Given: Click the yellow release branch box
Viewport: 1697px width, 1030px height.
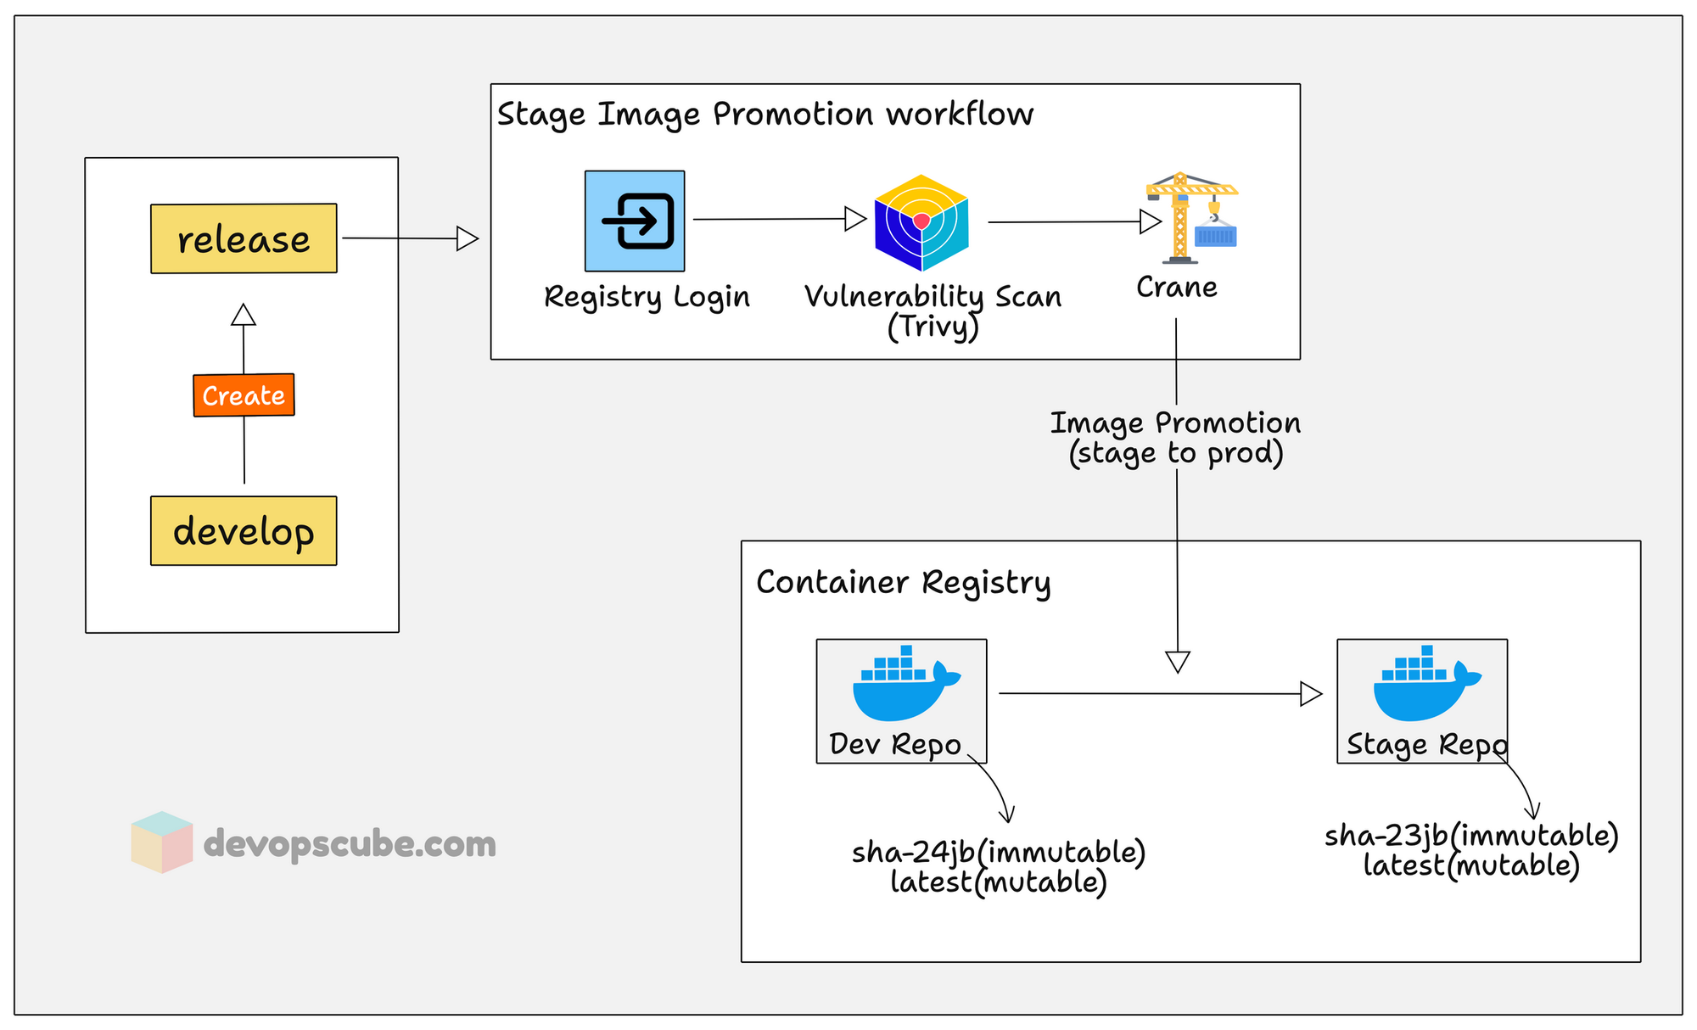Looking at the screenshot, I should click(x=244, y=238).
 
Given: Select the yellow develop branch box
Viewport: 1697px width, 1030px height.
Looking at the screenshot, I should click(x=244, y=531).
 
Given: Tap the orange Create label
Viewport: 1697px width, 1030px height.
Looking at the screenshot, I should click(x=244, y=395).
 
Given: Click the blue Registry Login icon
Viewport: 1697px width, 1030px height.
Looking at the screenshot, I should click(x=635, y=221).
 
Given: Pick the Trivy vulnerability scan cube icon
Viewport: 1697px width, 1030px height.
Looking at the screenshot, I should click(x=921, y=222).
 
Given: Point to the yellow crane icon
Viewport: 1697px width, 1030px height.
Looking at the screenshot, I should click(x=1190, y=218).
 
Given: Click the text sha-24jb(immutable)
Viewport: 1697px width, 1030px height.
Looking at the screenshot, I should click(x=999, y=851).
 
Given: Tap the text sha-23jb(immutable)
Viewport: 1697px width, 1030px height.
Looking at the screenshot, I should click(x=1471, y=835).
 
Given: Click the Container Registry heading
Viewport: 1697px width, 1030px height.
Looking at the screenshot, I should click(x=903, y=583).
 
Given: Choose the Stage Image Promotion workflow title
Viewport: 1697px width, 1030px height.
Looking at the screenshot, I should click(x=764, y=115).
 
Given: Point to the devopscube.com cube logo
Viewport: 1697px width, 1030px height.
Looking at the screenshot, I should click(x=161, y=842).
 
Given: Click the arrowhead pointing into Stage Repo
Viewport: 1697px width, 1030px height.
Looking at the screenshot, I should click(x=1311, y=694).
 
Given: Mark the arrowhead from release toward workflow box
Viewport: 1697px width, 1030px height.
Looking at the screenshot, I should click(x=468, y=238).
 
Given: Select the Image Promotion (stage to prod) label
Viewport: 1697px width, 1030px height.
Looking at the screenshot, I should click(x=1175, y=438).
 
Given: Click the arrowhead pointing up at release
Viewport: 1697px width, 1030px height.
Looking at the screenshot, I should click(x=244, y=315).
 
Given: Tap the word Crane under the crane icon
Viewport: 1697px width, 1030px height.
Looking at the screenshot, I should click(x=1177, y=288).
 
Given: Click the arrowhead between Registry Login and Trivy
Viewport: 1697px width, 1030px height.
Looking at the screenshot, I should click(x=855, y=219).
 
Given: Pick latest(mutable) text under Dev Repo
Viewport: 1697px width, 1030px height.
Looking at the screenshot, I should click(x=999, y=882).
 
